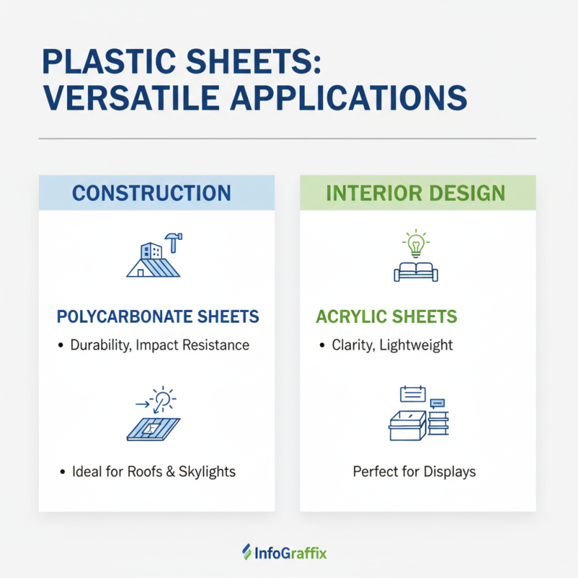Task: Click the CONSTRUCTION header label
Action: (x=152, y=193)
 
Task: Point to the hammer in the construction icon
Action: (x=173, y=238)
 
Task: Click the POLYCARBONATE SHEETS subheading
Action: (x=158, y=317)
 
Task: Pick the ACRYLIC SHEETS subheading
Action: (x=387, y=317)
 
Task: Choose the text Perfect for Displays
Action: (x=414, y=472)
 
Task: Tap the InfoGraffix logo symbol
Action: (x=246, y=553)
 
